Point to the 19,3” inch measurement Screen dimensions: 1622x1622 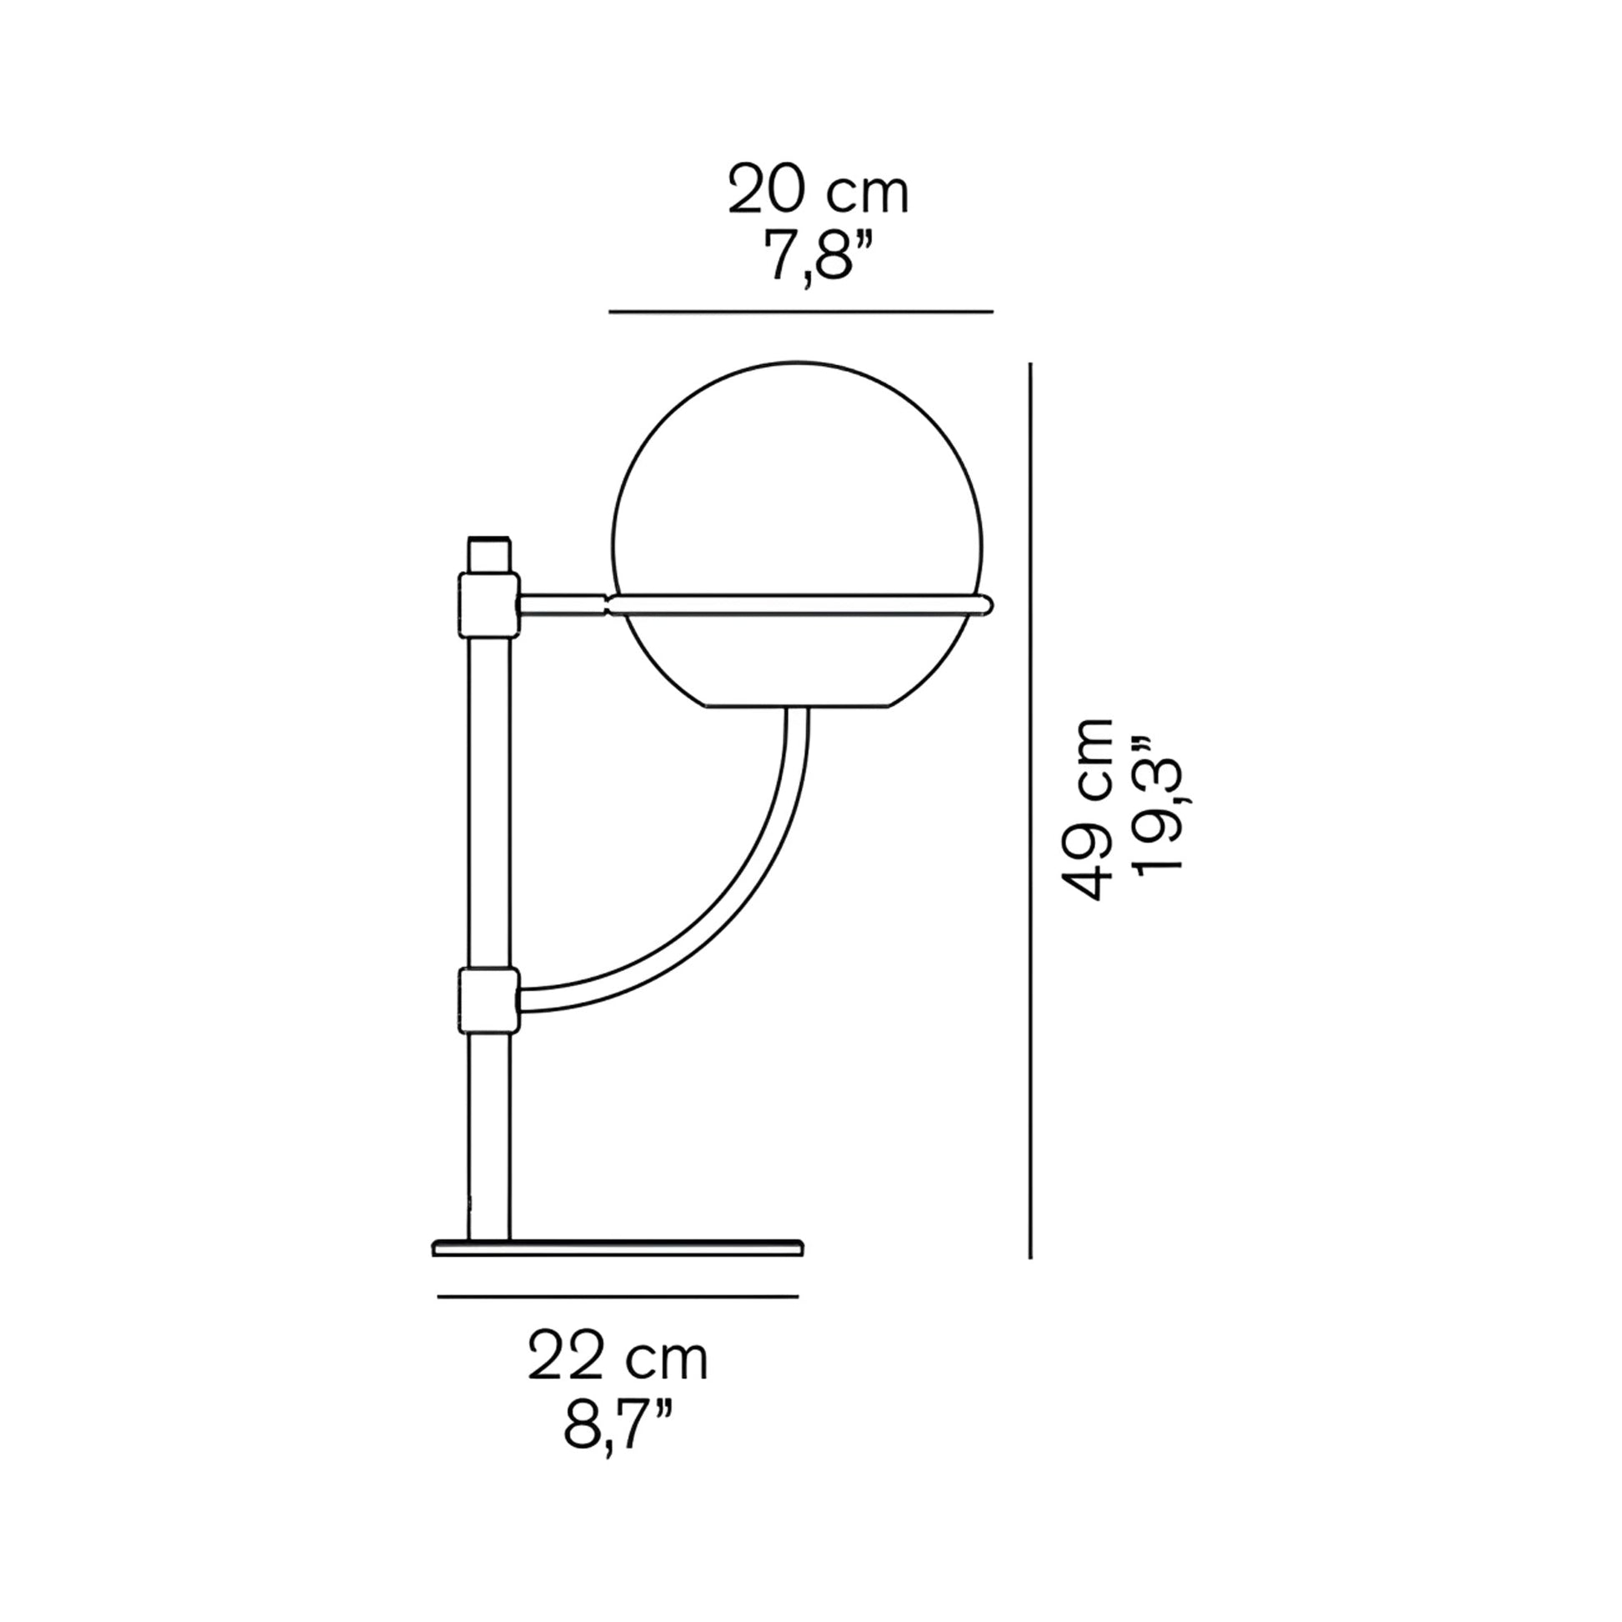click(1158, 808)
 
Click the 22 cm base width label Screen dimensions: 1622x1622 click(617, 1359)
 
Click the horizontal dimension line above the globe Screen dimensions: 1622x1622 click(800, 312)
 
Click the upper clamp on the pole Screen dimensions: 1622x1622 click(488, 603)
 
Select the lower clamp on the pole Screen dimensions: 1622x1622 click(488, 999)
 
